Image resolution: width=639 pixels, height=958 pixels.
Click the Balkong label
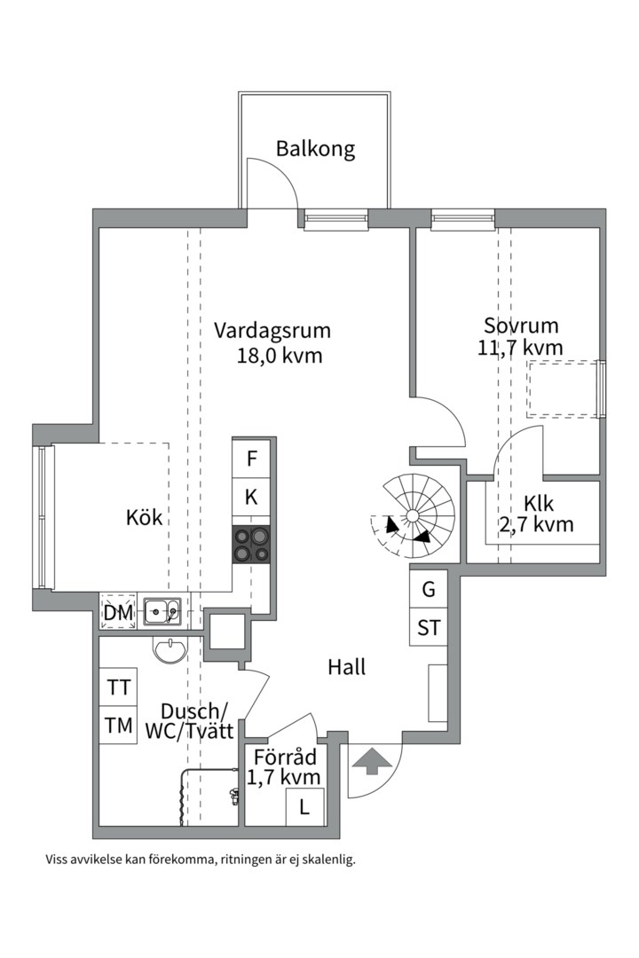[x=315, y=148]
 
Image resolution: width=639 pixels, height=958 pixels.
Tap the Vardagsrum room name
[x=272, y=331]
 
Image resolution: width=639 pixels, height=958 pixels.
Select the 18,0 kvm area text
[x=279, y=357]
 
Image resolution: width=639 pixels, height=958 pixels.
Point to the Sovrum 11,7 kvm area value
[x=520, y=348]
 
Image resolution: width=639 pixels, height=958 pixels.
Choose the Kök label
[x=145, y=517]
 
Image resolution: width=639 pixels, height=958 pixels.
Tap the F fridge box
[x=252, y=459]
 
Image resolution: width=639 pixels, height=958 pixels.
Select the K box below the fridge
[x=252, y=498]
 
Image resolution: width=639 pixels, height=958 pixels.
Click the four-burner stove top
[x=252, y=544]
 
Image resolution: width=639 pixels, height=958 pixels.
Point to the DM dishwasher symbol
[x=118, y=612]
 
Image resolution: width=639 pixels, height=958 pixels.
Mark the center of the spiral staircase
[x=412, y=515]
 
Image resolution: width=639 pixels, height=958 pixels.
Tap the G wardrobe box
[x=429, y=589]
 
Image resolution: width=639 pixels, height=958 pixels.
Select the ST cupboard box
[x=429, y=628]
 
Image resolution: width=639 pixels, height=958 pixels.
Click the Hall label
[x=346, y=667]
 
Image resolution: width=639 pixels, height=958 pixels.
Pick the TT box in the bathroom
[x=118, y=687]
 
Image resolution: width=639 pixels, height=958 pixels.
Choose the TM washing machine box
[x=118, y=726]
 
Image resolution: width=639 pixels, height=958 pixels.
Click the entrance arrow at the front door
[x=370, y=760]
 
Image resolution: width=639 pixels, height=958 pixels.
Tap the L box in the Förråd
[x=304, y=807]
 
